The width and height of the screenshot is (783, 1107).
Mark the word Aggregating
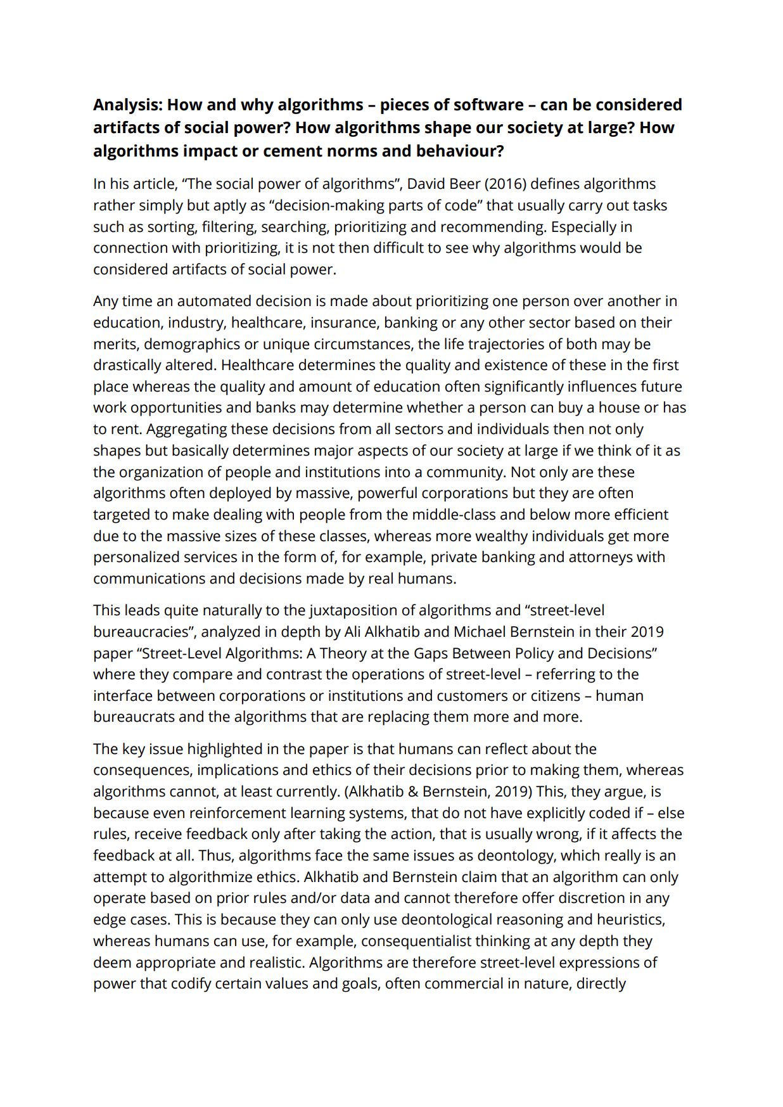click(x=186, y=429)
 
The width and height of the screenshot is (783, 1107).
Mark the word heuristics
click(x=625, y=919)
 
